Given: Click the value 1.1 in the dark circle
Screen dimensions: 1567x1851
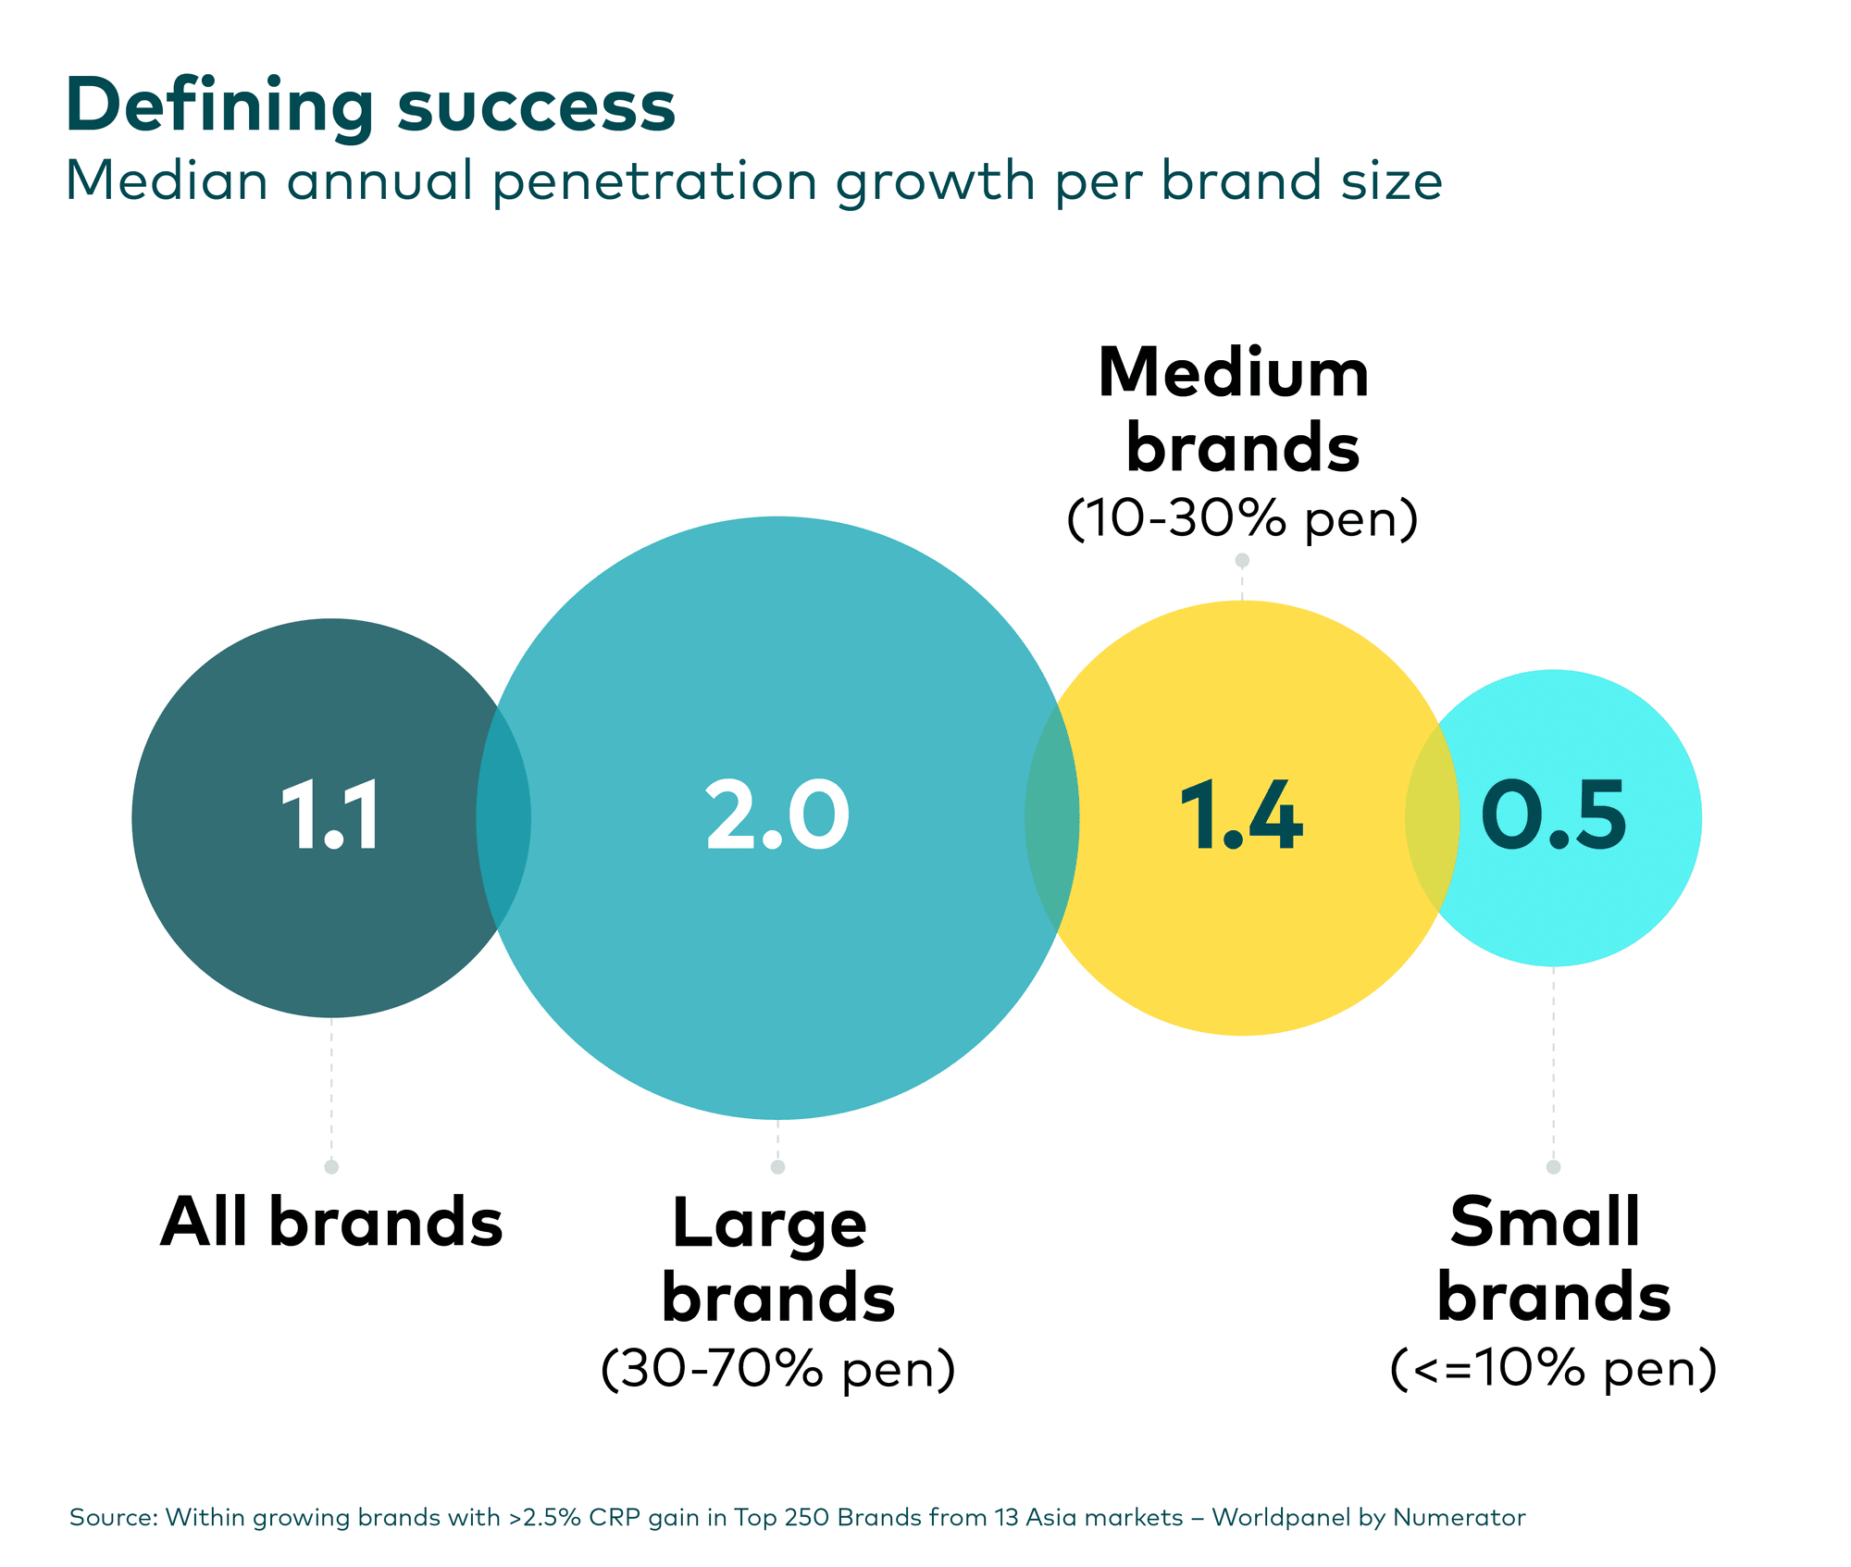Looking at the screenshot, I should (x=331, y=815).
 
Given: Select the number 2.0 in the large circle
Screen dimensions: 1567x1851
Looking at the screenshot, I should (x=776, y=815).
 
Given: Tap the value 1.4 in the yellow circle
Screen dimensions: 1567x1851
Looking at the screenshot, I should (x=1241, y=815).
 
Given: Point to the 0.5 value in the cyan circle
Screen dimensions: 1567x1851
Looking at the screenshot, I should (x=1553, y=815).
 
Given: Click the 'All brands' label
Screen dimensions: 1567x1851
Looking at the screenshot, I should (x=331, y=1223).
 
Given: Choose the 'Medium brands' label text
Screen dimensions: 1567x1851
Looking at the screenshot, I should (x=1241, y=410).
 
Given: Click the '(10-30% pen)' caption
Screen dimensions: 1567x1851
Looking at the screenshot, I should (x=1242, y=518).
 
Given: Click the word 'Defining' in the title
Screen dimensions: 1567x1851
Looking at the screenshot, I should (x=219, y=107).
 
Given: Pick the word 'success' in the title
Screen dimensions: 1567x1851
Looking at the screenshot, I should (x=537, y=107).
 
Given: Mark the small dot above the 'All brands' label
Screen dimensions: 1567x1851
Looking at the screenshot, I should (x=331, y=1167).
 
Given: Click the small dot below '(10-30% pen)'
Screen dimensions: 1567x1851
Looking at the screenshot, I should (x=1242, y=560).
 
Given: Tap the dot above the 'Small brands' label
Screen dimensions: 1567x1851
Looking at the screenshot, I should (x=1553, y=1167).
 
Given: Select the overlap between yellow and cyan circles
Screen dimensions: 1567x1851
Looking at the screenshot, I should (x=1432, y=816).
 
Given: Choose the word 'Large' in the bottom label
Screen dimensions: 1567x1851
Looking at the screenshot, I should (x=769, y=1225).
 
